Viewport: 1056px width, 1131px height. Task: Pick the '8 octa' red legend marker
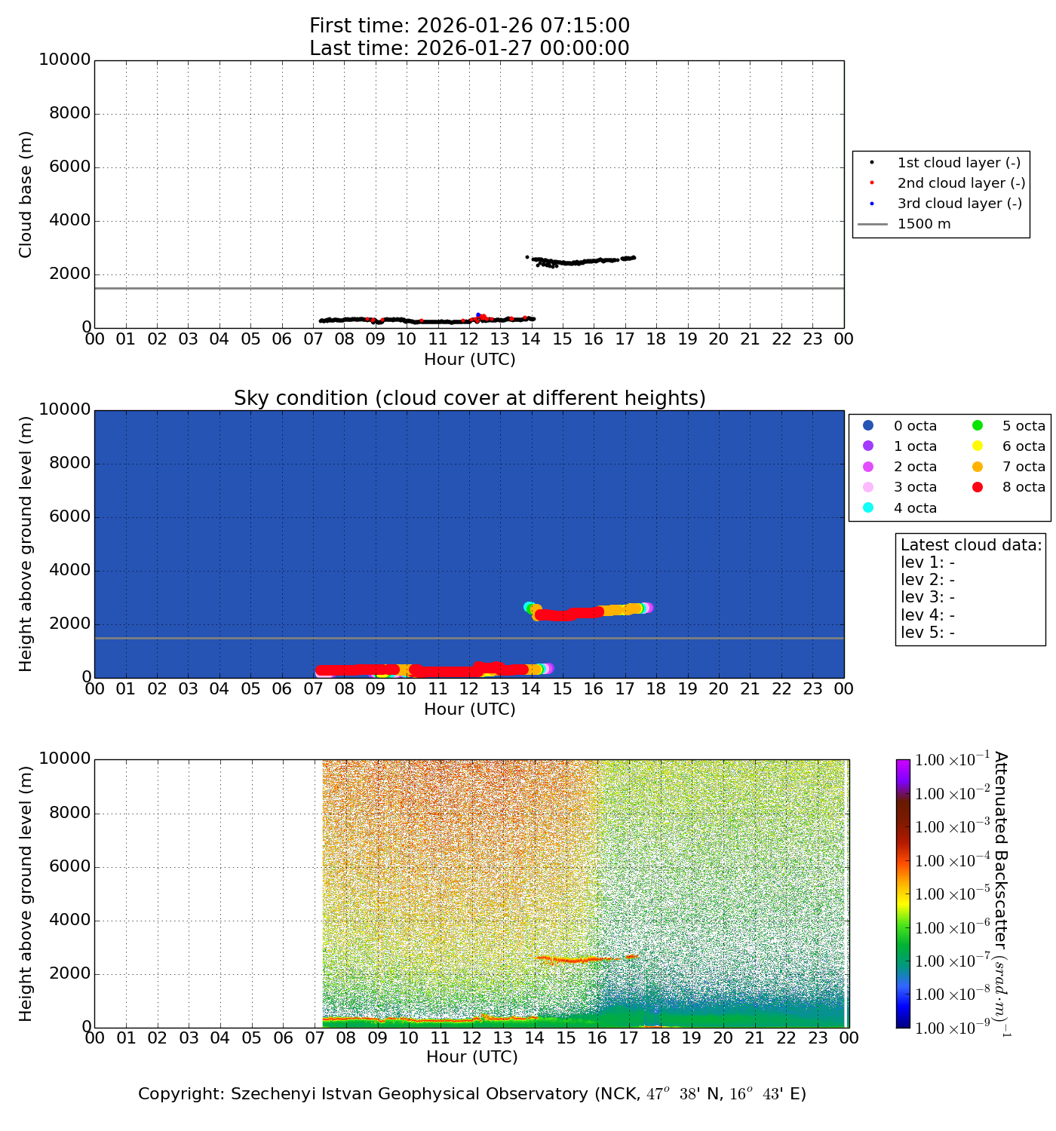pyautogui.click(x=978, y=487)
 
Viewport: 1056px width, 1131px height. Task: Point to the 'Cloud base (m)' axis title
pyautogui.click(x=26, y=194)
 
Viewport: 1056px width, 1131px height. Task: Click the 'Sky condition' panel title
pyautogui.click(x=469, y=398)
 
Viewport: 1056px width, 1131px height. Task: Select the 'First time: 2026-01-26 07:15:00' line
pyautogui.click(x=469, y=26)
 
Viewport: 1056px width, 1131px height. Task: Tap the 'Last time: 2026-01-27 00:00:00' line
pyautogui.click(x=469, y=48)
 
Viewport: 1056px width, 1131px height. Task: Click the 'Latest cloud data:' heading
pyautogui.click(x=971, y=545)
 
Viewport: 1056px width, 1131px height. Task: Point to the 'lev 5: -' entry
pyautogui.click(x=928, y=633)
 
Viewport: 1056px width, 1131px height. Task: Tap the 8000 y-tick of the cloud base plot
pyautogui.click(x=69, y=114)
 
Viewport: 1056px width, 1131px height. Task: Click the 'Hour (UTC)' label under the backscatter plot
pyautogui.click(x=472, y=1057)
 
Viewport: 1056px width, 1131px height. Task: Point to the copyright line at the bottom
pyautogui.click(x=472, y=1094)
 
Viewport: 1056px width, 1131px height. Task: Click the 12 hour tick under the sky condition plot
pyautogui.click(x=469, y=689)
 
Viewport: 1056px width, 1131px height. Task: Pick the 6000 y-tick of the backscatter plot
pyautogui.click(x=69, y=867)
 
